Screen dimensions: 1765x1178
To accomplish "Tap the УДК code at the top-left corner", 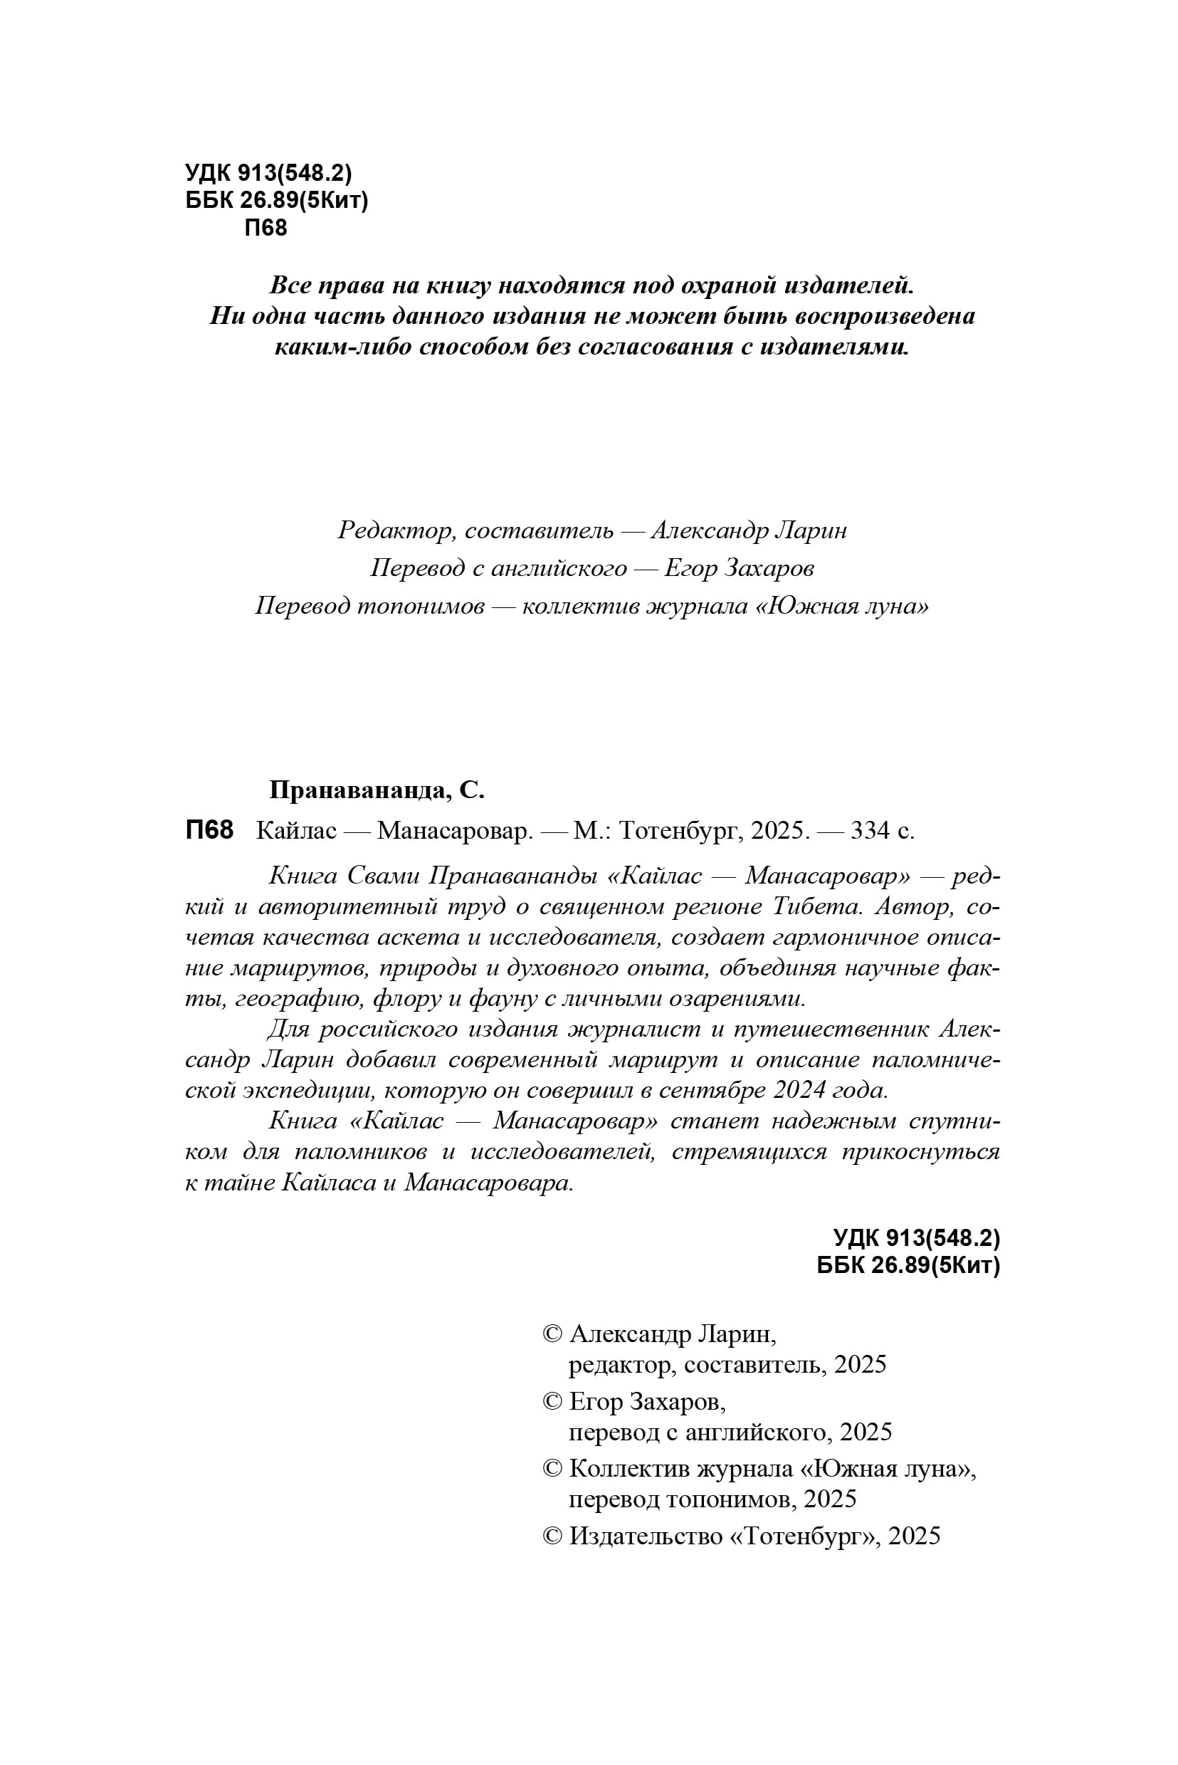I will point(268,174).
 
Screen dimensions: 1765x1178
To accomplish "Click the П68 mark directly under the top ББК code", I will point(266,228).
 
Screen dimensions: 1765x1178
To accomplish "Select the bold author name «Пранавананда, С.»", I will point(377,790).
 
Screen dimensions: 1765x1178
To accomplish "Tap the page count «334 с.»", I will point(882,830).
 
